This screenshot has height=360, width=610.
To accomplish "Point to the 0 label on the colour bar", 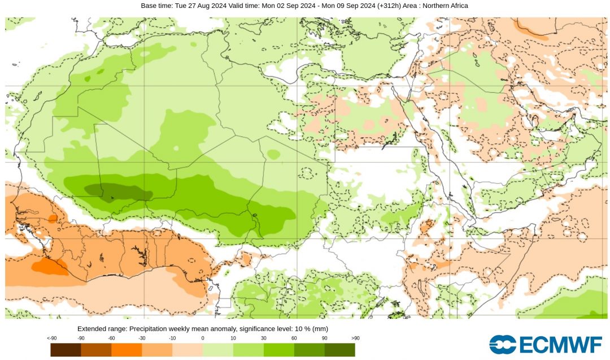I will tap(203, 338).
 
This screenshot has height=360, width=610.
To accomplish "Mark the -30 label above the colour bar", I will tap(142, 338).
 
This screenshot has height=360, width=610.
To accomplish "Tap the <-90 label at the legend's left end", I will tap(51, 338).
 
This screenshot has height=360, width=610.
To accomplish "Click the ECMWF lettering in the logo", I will tap(559, 344).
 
